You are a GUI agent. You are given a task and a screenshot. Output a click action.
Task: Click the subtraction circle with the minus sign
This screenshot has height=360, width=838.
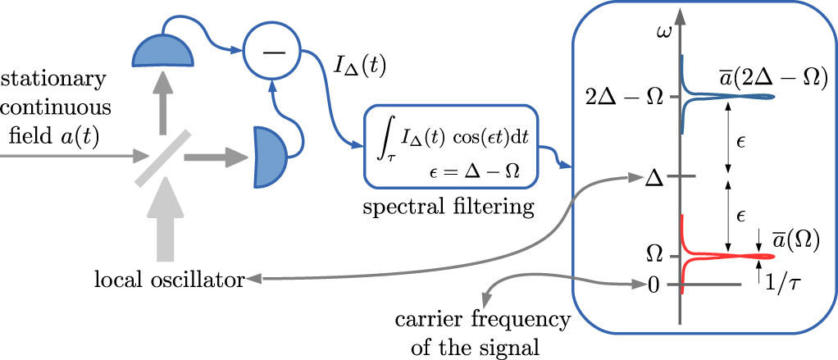pos(268,52)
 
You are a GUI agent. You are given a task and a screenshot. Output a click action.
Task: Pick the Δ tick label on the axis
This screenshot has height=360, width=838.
pos(654,176)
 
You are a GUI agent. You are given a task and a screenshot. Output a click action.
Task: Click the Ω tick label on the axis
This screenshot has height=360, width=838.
pos(655,253)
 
